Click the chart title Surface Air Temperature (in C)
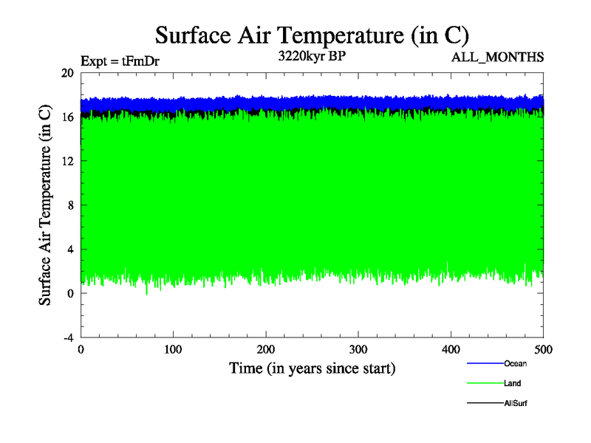[312, 35]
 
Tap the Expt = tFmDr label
[120, 61]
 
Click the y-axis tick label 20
[67, 73]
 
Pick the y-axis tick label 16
[67, 117]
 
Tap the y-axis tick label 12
[67, 161]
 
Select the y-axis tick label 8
[69, 205]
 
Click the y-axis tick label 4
[69, 249]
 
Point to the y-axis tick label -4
[67, 337]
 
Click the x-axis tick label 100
[173, 349]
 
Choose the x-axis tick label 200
[266, 349]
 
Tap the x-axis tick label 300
[358, 349]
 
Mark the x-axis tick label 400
[451, 349]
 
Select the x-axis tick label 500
[543, 349]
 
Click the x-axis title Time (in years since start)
[312, 368]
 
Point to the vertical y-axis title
[46, 205]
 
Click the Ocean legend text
[516, 363]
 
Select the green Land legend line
[485, 383]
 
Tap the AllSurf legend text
[516, 403]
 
